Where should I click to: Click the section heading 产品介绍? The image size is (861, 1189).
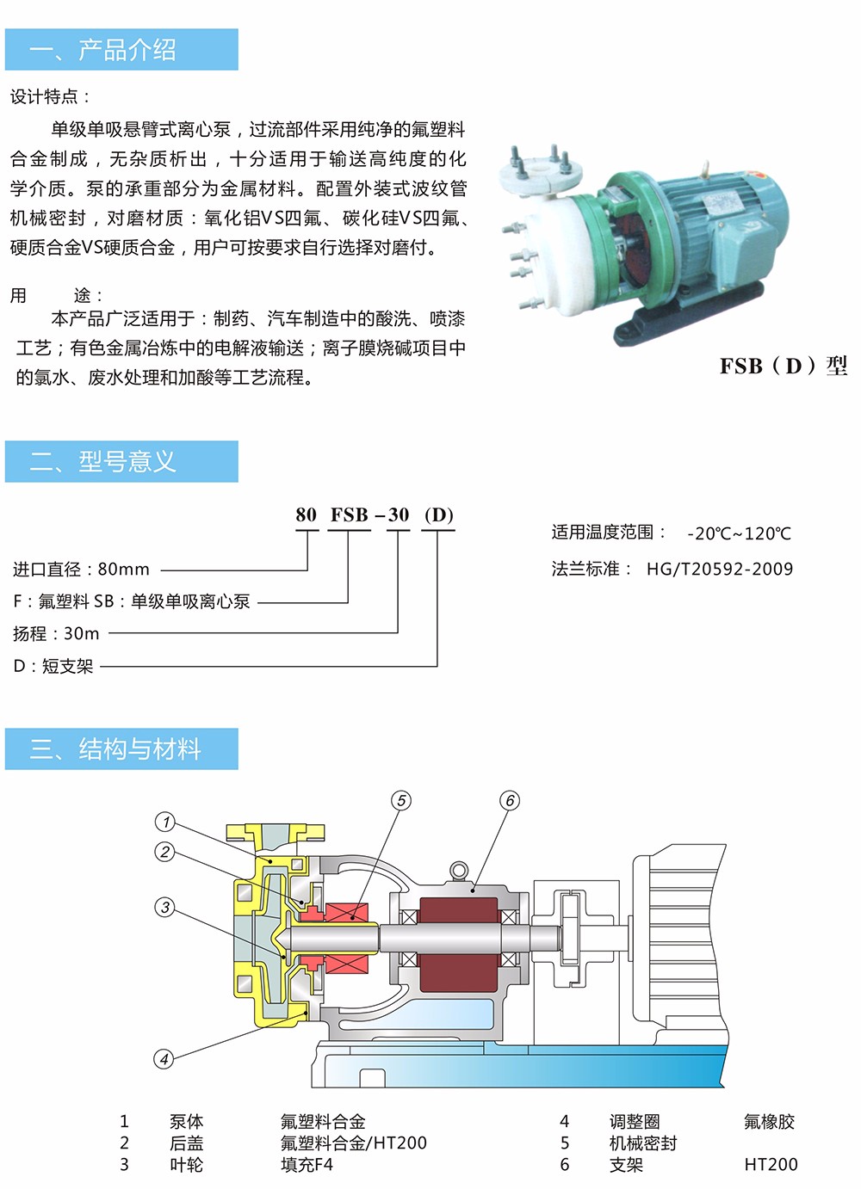click(127, 50)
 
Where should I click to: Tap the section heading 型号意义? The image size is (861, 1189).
click(127, 461)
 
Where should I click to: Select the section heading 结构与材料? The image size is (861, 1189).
click(139, 749)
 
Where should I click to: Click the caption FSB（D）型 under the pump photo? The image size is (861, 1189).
click(784, 366)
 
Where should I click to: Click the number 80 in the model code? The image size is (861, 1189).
click(306, 514)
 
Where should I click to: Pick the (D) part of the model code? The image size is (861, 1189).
click(439, 514)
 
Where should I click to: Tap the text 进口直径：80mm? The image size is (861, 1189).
click(81, 569)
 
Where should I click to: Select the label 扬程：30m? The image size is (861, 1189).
click(56, 633)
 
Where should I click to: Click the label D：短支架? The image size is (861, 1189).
click(53, 666)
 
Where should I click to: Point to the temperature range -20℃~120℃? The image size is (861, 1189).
click(739, 533)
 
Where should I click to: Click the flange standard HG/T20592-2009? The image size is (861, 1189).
click(720, 569)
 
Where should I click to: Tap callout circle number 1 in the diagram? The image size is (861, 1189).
click(165, 822)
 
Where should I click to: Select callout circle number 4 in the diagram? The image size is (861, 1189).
click(164, 1059)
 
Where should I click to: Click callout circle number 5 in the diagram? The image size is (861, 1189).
click(401, 800)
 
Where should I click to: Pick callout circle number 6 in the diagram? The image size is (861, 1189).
click(510, 800)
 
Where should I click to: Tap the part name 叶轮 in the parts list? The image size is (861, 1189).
click(187, 1165)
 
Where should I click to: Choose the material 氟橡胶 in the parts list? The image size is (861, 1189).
click(769, 1122)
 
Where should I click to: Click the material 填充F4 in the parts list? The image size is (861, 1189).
click(307, 1165)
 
